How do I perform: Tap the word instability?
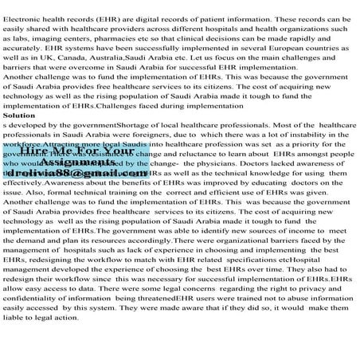(x=299, y=135)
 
